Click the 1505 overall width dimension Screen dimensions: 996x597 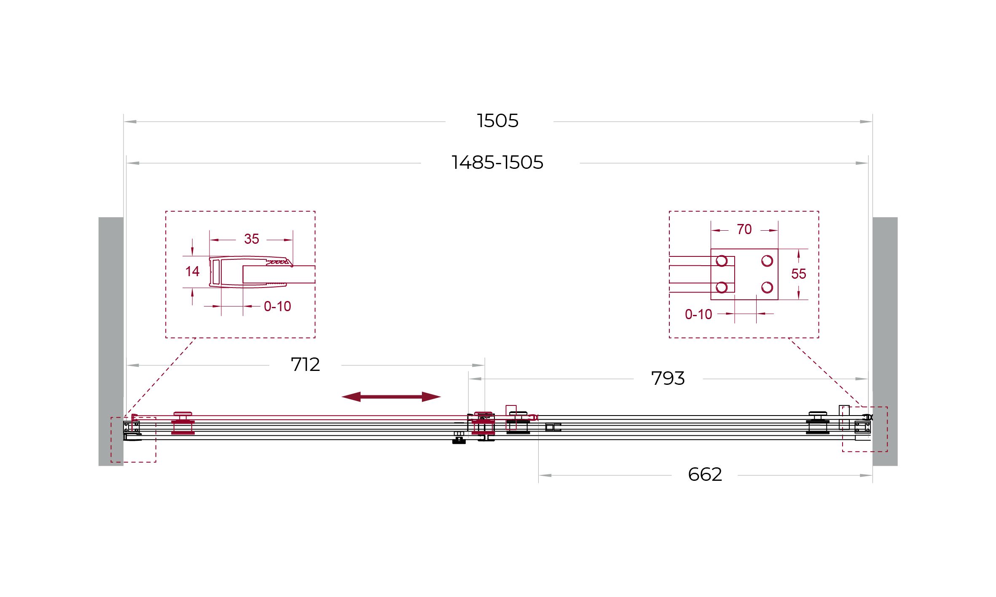[x=497, y=121]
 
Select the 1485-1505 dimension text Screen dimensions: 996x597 [x=497, y=163]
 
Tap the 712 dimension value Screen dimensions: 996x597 [x=305, y=365]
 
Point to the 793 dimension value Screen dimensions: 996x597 [x=668, y=378]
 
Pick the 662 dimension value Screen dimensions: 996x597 [x=705, y=474]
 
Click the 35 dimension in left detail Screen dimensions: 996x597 [x=252, y=239]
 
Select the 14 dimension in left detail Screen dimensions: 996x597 [x=192, y=272]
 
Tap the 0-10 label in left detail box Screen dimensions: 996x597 [x=277, y=306]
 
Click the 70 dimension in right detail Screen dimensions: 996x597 [x=744, y=229]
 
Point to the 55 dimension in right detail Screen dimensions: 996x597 [x=798, y=274]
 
